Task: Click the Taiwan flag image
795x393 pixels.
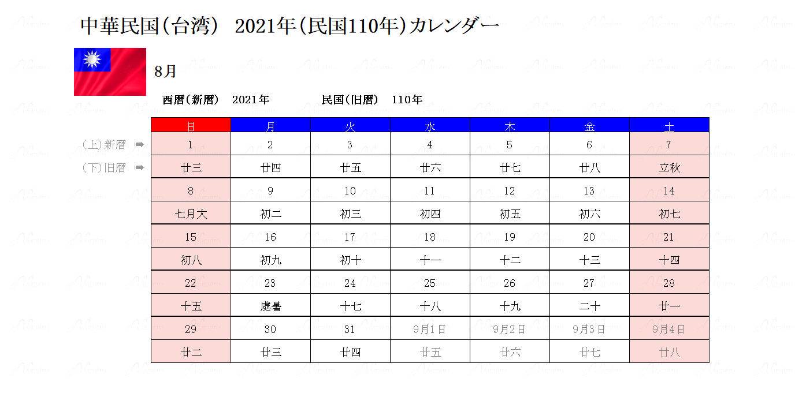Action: point(110,72)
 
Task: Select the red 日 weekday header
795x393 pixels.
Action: point(191,125)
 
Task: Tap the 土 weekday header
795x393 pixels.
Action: point(669,125)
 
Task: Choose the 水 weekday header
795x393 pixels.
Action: point(430,125)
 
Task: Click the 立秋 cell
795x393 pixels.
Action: point(669,168)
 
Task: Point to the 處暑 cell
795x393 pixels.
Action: point(270,306)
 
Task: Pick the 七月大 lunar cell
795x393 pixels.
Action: point(191,214)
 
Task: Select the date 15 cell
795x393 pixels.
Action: point(191,237)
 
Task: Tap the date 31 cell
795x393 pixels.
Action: point(350,330)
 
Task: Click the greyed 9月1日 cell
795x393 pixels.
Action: point(430,330)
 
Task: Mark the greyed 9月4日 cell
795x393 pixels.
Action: point(669,330)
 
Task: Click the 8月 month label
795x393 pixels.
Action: point(165,72)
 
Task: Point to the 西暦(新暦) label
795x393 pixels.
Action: point(191,100)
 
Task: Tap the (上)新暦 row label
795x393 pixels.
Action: point(104,145)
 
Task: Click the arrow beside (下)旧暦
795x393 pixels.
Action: point(139,168)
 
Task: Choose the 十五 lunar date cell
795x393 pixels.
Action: point(191,306)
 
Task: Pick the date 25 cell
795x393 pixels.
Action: point(430,283)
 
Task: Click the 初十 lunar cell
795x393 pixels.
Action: point(350,260)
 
